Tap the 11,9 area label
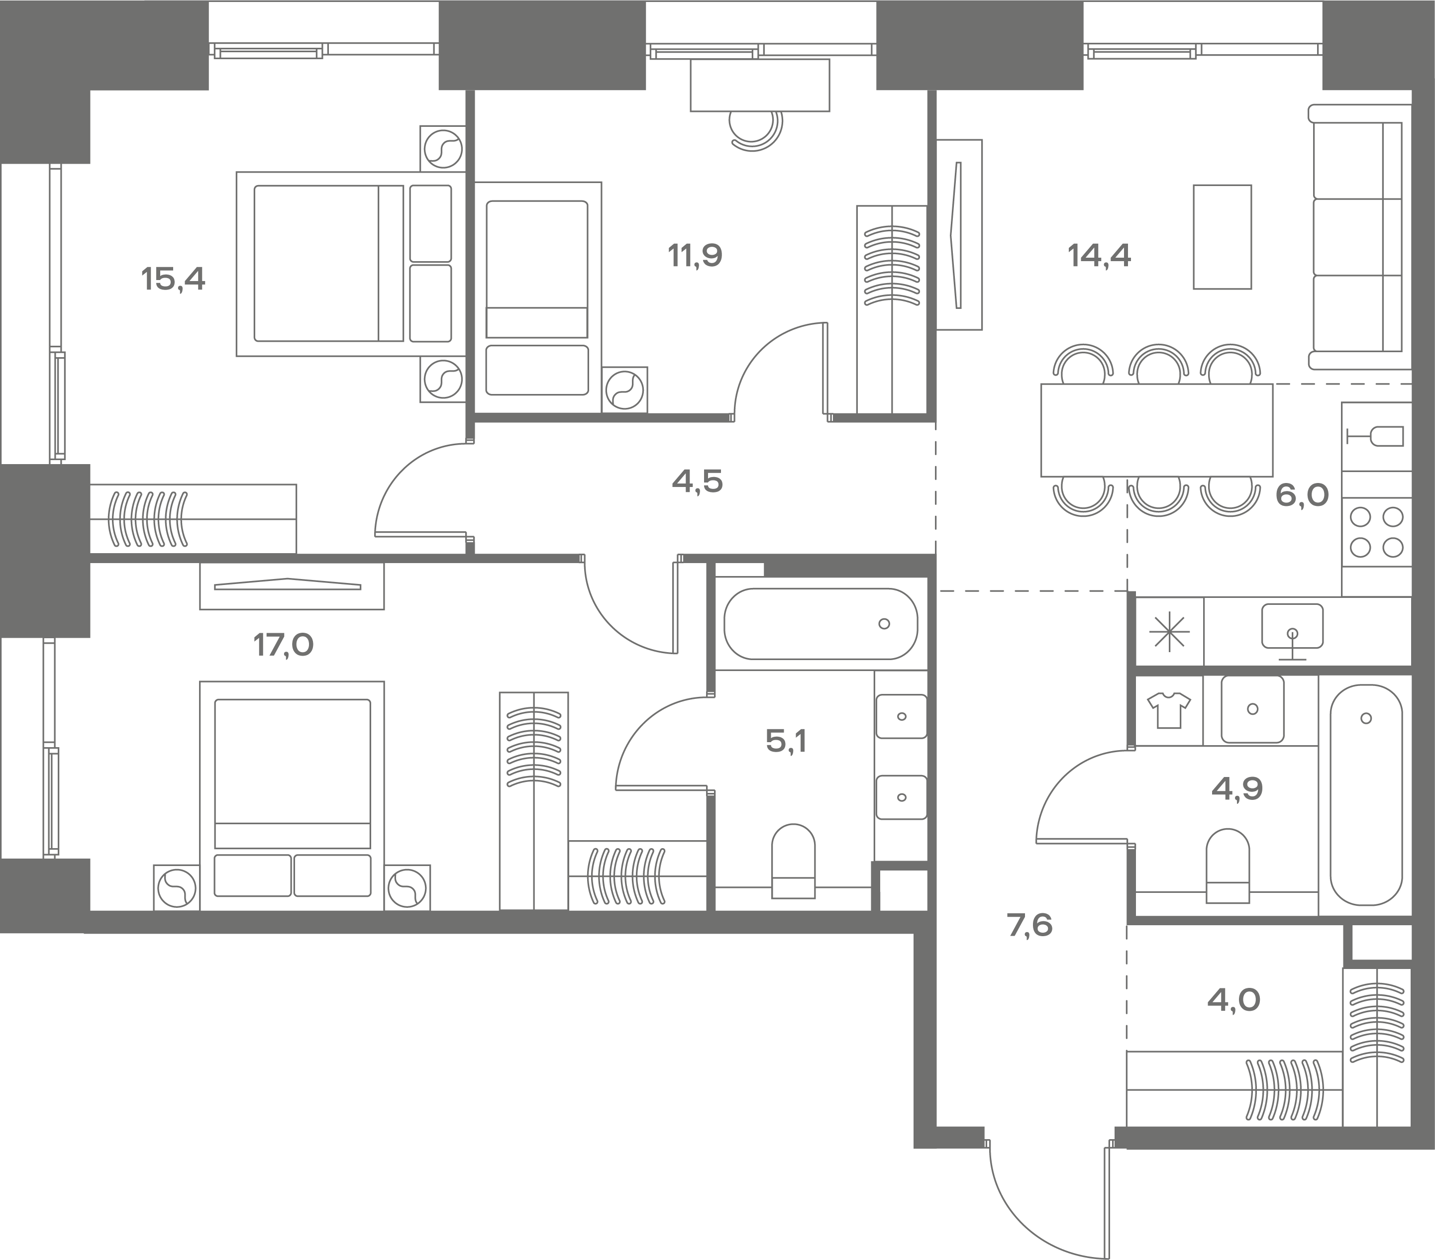[695, 256]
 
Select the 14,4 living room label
[1100, 256]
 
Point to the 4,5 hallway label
[697, 482]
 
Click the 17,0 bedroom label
[284, 644]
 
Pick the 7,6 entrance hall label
[1030, 926]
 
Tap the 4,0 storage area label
[1233, 999]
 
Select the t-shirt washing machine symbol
[1169, 710]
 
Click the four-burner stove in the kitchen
[1376, 532]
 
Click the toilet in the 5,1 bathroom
[793, 861]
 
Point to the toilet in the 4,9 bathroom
[1228, 866]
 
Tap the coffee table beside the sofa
[1222, 237]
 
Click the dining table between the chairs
[1157, 430]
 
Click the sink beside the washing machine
[1252, 709]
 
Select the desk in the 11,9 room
[760, 85]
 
